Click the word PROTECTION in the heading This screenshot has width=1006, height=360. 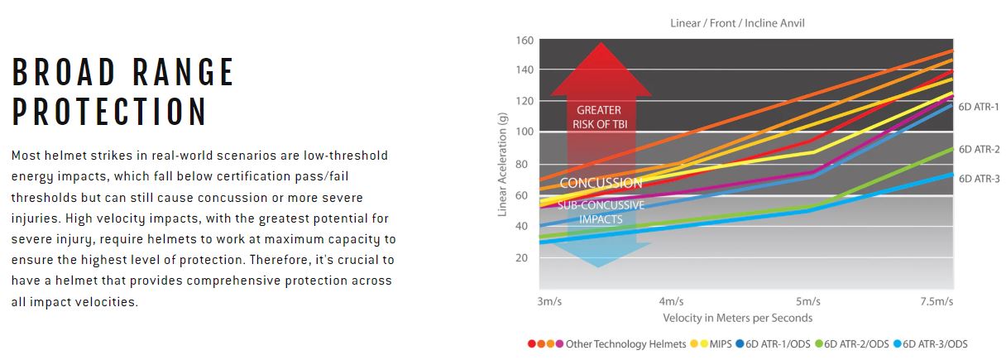(x=109, y=112)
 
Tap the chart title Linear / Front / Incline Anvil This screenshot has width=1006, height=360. (x=737, y=23)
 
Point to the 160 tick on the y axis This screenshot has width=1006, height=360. (x=524, y=40)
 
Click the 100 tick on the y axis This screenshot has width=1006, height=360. (x=524, y=132)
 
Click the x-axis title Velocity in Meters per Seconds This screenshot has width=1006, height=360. (x=737, y=318)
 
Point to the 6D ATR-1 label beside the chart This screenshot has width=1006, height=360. (x=979, y=107)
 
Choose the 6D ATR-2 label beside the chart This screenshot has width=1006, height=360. (x=979, y=150)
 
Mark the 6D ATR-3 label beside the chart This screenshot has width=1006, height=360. (x=979, y=178)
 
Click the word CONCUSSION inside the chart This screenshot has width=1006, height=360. (x=601, y=183)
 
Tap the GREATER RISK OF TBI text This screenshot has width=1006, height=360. (x=599, y=117)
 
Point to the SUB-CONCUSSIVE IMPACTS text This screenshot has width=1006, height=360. (x=601, y=212)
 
